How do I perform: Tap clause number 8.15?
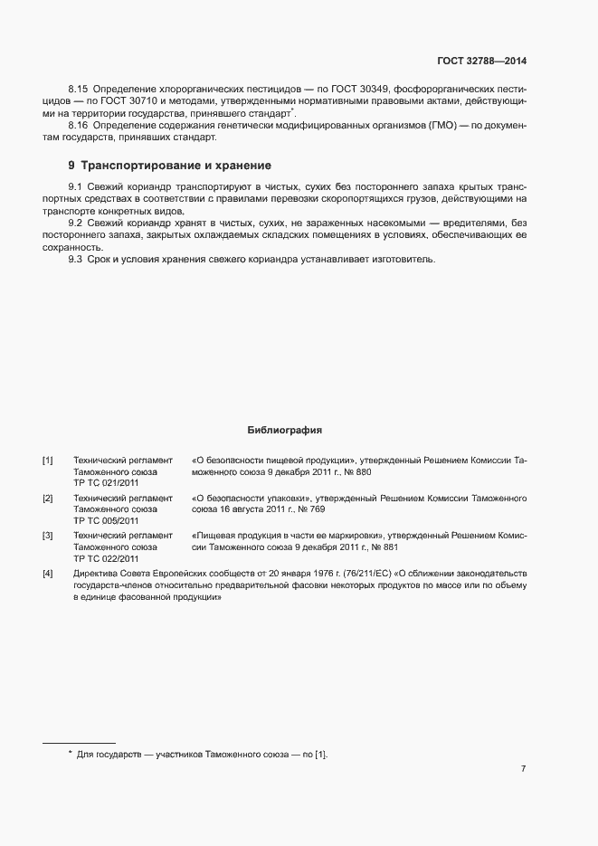point(78,89)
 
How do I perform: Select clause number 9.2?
point(75,223)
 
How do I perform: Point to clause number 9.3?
point(75,260)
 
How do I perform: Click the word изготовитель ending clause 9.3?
point(405,260)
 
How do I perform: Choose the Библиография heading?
point(285,430)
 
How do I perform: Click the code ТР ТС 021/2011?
point(106,484)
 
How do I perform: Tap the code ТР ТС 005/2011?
point(106,521)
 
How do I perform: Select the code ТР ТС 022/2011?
point(106,559)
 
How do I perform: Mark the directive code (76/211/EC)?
point(379,573)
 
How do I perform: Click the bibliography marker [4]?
point(48,573)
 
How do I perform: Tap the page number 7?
point(523,768)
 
